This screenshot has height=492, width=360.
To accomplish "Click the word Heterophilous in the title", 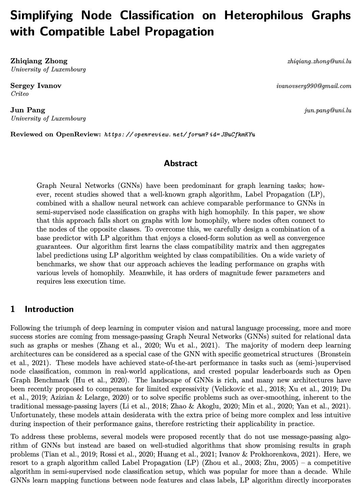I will point(260,15).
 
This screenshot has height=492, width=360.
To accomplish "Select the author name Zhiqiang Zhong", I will point(39,61).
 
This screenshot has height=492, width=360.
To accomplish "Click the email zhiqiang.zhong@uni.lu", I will point(319,61).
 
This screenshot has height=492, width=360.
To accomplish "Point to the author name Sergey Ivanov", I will point(36,86).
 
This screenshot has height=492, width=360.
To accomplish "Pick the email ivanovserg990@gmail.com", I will point(314,86).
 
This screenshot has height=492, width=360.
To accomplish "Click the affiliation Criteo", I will point(20,94).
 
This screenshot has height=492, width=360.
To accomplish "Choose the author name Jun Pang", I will point(28,110).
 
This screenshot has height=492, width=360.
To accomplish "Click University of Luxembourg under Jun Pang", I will point(48,118).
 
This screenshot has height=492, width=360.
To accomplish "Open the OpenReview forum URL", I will point(180,135).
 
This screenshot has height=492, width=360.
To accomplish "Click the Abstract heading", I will point(181,163).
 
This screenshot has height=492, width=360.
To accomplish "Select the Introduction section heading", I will point(49,309).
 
